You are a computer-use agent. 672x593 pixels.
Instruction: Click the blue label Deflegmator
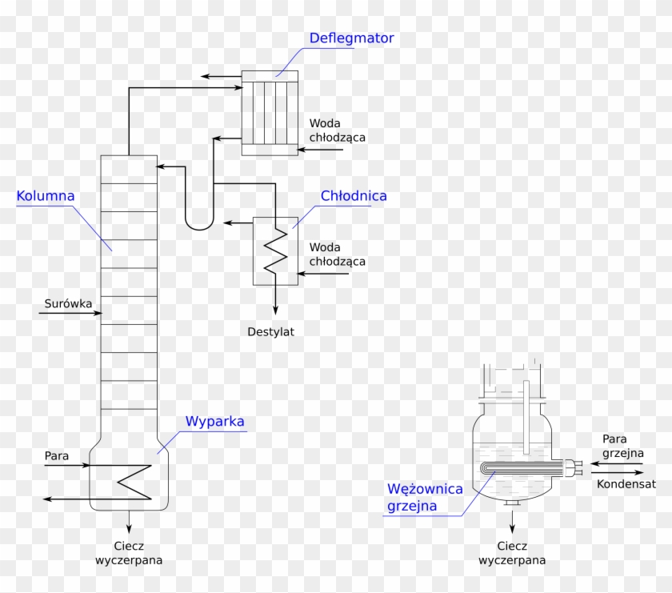pos(352,38)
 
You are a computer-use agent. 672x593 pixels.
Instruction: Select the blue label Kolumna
pos(45,195)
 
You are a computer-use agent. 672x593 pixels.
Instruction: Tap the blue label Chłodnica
pos(354,195)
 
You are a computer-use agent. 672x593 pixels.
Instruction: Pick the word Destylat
pos(270,331)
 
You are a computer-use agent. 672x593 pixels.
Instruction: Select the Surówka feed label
pos(68,304)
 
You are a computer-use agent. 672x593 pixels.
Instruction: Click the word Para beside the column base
pos(57,455)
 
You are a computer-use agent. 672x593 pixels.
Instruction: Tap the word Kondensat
pos(626,484)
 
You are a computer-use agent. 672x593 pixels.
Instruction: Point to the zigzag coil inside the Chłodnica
pos(276,250)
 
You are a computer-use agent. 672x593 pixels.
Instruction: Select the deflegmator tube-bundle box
pos(270,113)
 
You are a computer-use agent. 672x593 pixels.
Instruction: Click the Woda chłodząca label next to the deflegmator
pos(338,130)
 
